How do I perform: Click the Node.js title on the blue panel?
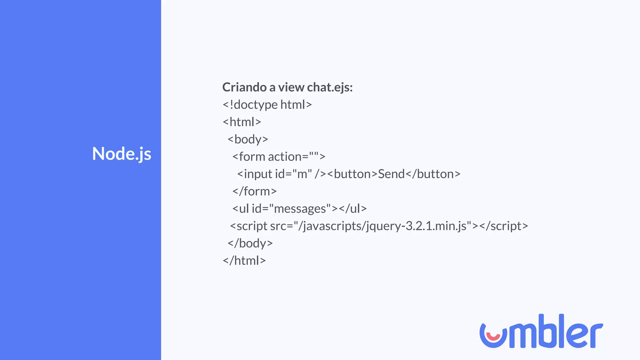point(122,154)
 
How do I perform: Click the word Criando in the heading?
point(244,87)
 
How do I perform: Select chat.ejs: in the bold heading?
point(330,87)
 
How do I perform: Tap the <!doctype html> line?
point(267,105)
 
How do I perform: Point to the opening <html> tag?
point(242,122)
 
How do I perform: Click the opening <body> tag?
point(248,139)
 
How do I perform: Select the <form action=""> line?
point(279,157)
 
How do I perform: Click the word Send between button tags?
point(391,174)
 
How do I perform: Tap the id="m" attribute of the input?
point(293,174)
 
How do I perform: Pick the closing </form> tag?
point(254,191)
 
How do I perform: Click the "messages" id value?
point(302,209)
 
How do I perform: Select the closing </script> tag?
point(503,226)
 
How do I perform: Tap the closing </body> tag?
point(250,243)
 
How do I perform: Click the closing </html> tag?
point(244,261)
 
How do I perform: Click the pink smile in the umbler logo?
point(493,337)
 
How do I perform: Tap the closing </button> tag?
point(433,174)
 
